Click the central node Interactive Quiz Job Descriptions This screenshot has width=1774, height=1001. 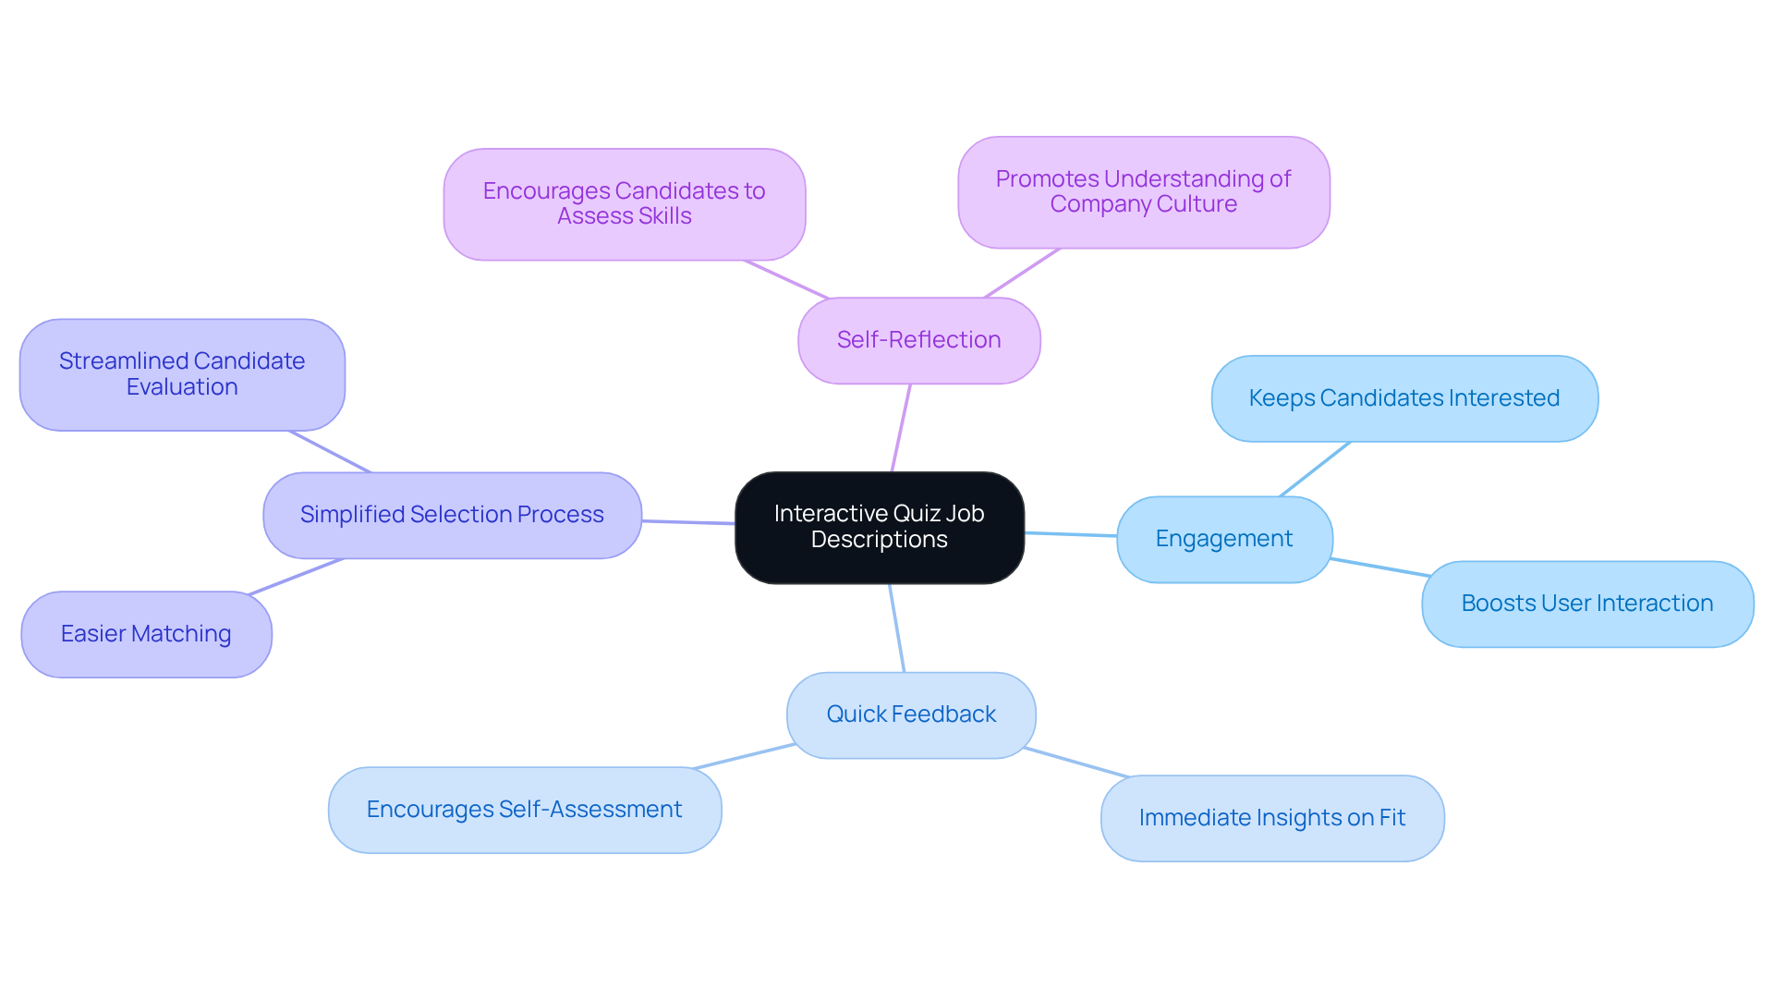[x=879, y=527]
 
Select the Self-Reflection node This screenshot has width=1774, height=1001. [x=918, y=340]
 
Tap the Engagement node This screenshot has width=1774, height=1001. [x=1223, y=539]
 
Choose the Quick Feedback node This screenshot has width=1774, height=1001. [x=910, y=714]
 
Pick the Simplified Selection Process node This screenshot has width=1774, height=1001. [x=452, y=515]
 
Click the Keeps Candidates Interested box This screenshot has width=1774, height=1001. [x=1403, y=398]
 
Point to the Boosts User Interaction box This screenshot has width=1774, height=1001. [x=1586, y=604]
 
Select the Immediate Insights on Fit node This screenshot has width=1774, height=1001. [x=1271, y=818]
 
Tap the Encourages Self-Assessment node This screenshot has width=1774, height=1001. [x=524, y=810]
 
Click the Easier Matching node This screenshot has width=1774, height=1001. [x=146, y=634]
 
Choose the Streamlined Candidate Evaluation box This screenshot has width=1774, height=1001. [x=182, y=374]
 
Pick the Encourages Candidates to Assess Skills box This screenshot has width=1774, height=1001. [x=624, y=203]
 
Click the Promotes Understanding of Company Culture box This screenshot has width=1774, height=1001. [x=1143, y=191]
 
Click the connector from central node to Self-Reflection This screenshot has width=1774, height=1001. [x=901, y=428]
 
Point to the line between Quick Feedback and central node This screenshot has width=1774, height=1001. [x=896, y=628]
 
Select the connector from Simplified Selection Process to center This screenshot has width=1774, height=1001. [x=687, y=522]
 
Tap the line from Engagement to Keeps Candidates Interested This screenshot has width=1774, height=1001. [x=1315, y=470]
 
